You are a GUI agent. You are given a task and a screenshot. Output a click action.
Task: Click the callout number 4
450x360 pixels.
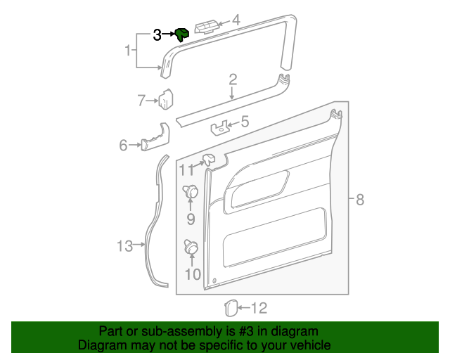236,21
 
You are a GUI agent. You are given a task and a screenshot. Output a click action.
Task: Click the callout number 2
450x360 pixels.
232,80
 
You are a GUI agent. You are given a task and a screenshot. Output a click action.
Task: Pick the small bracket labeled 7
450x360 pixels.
167,99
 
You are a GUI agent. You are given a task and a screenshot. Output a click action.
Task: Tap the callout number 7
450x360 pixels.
141,101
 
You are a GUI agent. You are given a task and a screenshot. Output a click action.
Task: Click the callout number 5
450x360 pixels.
244,122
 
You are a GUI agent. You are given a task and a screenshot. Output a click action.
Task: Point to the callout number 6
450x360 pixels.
123,146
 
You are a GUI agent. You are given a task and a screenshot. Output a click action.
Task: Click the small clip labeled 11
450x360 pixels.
210,160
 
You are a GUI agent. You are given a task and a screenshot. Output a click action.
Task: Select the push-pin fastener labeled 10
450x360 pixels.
191,247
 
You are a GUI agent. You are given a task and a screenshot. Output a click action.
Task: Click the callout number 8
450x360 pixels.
359,200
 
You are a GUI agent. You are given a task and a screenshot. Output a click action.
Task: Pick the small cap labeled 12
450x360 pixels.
229,307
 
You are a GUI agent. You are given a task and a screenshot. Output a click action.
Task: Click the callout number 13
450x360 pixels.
124,245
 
